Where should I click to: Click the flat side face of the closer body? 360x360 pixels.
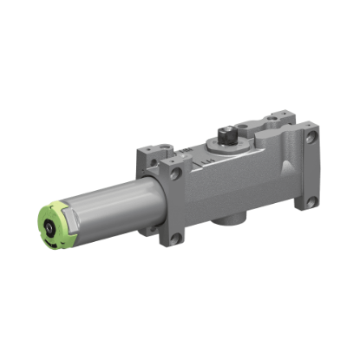(x=234, y=187)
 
